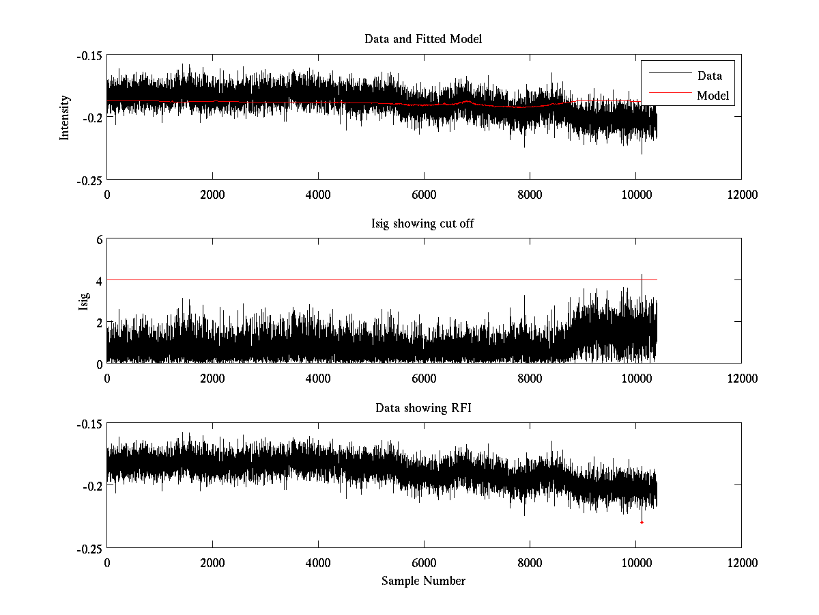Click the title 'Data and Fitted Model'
click(x=423, y=39)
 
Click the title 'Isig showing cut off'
click(x=423, y=223)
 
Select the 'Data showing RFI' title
click(x=423, y=408)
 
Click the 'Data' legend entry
click(x=709, y=76)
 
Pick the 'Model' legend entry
click(x=713, y=95)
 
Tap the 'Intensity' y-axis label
click(x=65, y=118)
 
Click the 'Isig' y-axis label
click(x=83, y=301)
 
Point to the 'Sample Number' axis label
click(x=423, y=581)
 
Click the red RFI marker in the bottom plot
click(x=642, y=523)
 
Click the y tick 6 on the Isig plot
click(x=99, y=239)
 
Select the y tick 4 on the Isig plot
click(x=99, y=280)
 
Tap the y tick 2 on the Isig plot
click(x=99, y=322)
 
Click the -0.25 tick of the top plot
click(x=89, y=179)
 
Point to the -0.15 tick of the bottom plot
click(x=89, y=424)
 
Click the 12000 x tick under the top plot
click(x=741, y=195)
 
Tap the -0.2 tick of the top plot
click(x=93, y=117)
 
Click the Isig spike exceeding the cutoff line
click(x=642, y=276)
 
